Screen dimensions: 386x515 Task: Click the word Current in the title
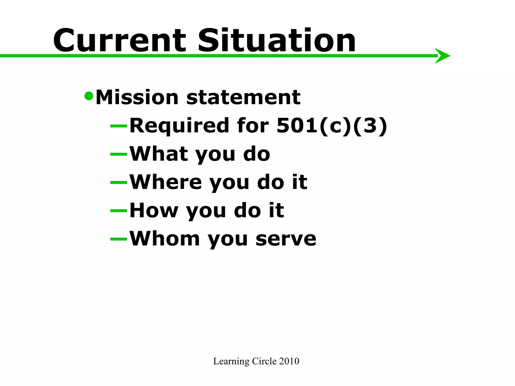point(119,41)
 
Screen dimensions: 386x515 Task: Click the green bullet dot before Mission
point(89,96)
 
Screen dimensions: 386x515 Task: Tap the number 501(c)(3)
point(332,126)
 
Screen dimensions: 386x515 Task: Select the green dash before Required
point(119,126)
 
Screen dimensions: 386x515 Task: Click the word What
point(159,154)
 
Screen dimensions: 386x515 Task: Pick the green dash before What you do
point(119,154)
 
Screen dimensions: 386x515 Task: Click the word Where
point(166,182)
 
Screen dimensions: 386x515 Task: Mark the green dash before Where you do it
point(119,182)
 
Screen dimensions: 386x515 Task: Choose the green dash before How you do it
point(119,211)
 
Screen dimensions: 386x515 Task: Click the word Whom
point(165,238)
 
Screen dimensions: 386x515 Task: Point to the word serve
point(286,239)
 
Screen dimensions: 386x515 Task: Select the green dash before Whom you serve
point(119,239)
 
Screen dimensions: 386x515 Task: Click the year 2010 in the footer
point(289,361)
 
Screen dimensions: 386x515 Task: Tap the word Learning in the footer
point(231,361)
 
